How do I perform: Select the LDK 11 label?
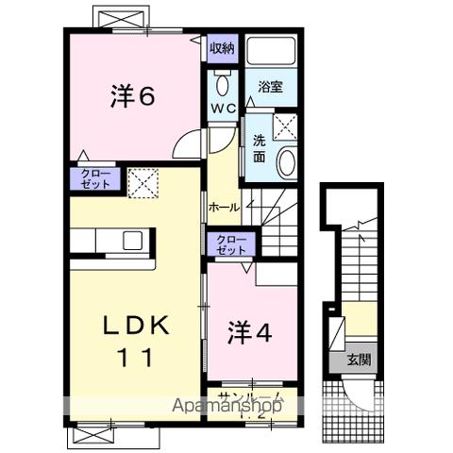135,341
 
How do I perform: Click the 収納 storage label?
223,47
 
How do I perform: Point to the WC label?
223,109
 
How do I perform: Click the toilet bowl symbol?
223,84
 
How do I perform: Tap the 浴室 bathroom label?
272,87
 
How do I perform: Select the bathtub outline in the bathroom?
272,52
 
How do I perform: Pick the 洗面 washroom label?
259,149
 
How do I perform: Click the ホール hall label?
224,207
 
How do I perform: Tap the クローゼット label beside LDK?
93,178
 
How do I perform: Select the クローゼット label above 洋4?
229,244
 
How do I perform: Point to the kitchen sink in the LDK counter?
129,240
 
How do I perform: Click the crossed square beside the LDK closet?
143,181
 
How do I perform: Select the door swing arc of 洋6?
189,143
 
